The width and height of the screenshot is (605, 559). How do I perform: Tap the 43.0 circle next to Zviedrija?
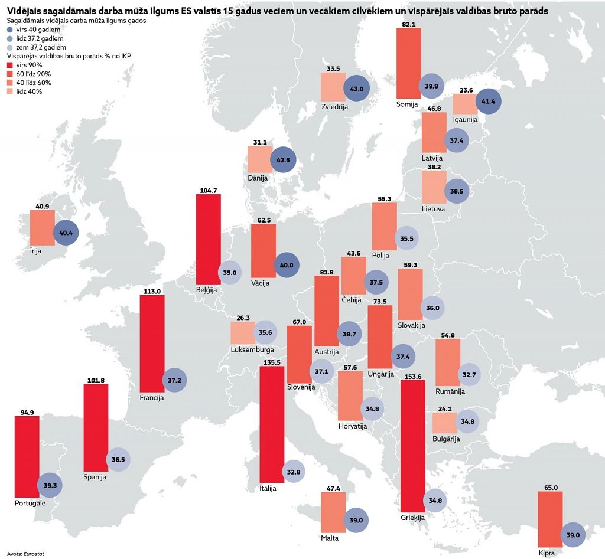pos(356,89)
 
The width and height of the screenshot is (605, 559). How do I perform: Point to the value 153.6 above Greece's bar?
pos(412,376)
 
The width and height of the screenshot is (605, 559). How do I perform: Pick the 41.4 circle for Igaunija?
pos(489,102)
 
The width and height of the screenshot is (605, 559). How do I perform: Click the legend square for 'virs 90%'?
pos(9,65)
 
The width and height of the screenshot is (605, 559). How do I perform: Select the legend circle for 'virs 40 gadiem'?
pos(9,29)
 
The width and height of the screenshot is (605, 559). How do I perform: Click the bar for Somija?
pos(408,63)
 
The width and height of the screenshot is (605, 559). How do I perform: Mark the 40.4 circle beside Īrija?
pos(66,233)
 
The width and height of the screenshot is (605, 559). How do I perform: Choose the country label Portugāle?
pos(30,503)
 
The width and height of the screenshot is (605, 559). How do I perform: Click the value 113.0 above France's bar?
pos(152,291)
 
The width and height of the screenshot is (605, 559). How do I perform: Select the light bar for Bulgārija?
pos(444,423)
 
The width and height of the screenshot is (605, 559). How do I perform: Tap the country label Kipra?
pos(547,553)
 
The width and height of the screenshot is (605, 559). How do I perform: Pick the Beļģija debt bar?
pos(208,239)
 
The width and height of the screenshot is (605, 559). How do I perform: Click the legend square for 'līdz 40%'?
pos(9,91)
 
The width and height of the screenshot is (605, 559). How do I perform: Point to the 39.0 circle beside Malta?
pos(356,520)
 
